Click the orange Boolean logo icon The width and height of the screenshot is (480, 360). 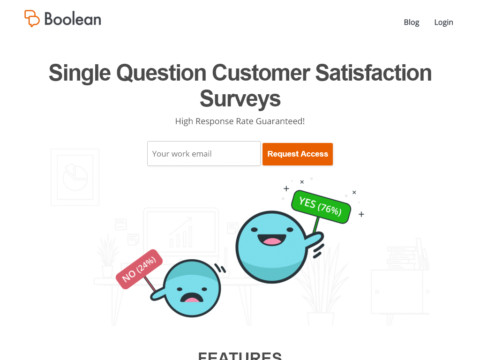(x=32, y=18)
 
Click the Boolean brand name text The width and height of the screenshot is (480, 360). (x=73, y=19)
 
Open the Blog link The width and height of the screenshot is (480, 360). (x=411, y=22)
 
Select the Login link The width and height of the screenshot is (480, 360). (x=444, y=22)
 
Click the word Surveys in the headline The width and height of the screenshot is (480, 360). (x=240, y=99)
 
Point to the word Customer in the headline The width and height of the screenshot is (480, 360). (x=261, y=73)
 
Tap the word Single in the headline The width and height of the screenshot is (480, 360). (x=80, y=73)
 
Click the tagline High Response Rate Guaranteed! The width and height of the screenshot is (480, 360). (x=240, y=121)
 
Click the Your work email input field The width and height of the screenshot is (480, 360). (x=204, y=154)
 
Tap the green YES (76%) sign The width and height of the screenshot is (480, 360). (x=321, y=207)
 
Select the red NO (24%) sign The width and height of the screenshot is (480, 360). (x=139, y=269)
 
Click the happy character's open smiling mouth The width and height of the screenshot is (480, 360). (x=272, y=239)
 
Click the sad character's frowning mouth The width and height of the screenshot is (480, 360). (x=192, y=298)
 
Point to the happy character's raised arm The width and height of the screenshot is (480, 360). (x=313, y=240)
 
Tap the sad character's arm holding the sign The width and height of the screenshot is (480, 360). (x=159, y=294)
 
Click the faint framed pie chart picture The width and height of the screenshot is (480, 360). (x=75, y=177)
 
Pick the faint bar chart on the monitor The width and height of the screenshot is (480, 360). (x=181, y=232)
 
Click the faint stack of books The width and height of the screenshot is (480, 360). (x=403, y=258)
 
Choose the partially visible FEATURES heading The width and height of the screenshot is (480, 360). (x=240, y=356)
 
